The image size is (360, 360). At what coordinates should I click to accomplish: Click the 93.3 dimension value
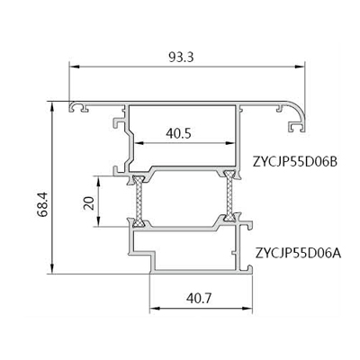(181, 58)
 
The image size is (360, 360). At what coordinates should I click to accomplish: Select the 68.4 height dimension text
(42, 204)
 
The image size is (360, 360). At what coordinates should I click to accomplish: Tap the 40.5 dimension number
(178, 133)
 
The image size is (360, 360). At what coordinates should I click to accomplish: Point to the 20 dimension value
(90, 203)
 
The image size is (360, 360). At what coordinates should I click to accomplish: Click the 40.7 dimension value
(199, 298)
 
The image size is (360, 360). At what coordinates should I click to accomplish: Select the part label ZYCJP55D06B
(295, 162)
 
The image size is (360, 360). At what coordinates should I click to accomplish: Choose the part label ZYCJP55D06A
(299, 253)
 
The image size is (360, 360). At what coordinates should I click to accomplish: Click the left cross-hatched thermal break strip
(139, 201)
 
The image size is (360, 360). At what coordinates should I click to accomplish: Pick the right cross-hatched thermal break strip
(229, 196)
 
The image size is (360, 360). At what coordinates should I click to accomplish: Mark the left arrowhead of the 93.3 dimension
(74, 67)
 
